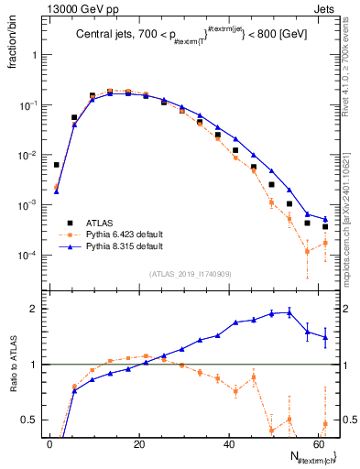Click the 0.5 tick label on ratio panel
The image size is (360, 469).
click(29, 420)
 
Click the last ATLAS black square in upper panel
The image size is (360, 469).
click(324, 226)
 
